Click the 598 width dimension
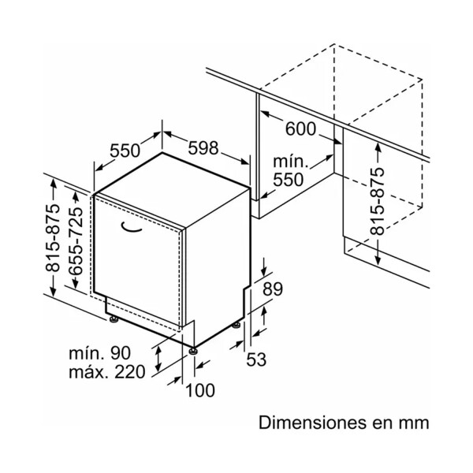203,148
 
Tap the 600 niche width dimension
300,128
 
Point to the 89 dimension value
273,289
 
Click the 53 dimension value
256,359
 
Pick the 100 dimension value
200,390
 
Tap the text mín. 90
100,353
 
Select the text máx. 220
107,371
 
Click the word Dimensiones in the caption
311,423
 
